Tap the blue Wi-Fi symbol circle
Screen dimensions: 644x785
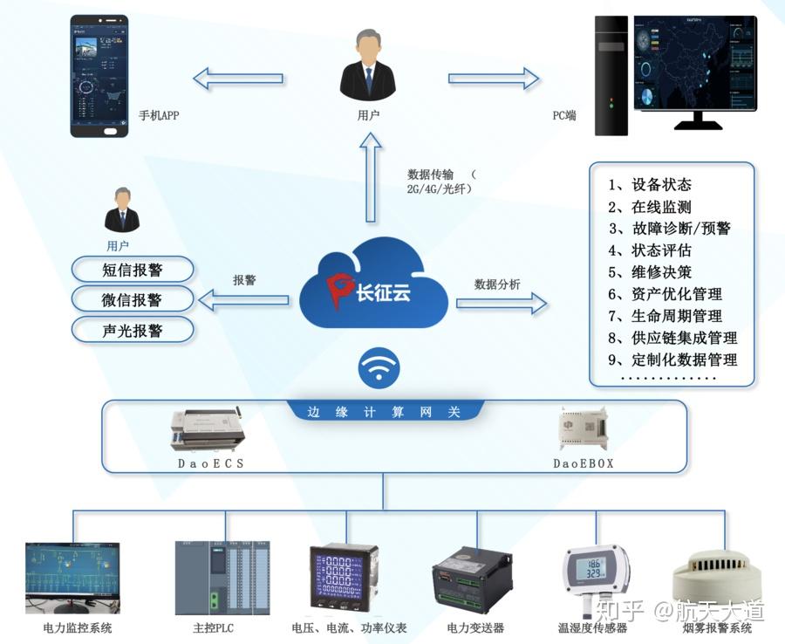(378, 370)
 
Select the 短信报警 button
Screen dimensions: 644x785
(132, 269)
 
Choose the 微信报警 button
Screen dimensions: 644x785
(132, 299)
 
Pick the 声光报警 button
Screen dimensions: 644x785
(132, 331)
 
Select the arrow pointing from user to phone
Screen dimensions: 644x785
(238, 79)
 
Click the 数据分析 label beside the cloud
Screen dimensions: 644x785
(497, 284)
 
